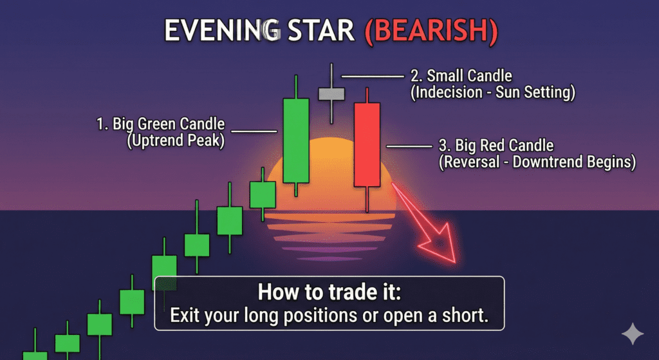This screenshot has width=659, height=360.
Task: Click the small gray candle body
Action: pyautogui.click(x=331, y=93)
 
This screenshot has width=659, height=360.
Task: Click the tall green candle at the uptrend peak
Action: pyautogui.click(x=295, y=140)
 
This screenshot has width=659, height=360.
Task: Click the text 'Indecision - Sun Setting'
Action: pyautogui.click(x=492, y=93)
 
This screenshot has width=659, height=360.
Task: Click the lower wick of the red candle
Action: pyautogui.click(x=367, y=199)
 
